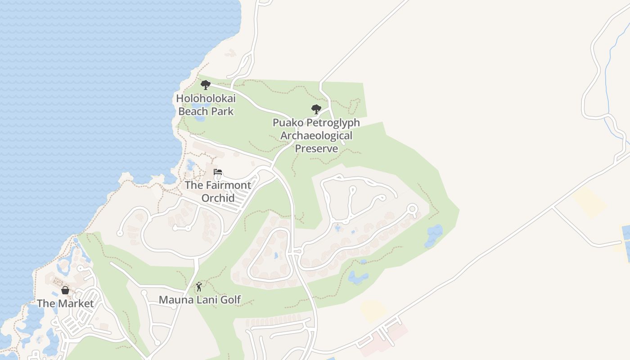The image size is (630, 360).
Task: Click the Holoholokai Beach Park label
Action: coord(206,104)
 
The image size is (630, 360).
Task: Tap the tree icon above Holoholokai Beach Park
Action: coord(206,85)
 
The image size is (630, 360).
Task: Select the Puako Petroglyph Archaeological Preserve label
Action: coord(316,135)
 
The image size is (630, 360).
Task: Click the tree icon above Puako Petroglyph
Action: coord(316,109)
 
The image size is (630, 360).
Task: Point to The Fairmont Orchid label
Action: coord(218,191)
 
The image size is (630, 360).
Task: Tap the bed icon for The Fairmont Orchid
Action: coord(218,172)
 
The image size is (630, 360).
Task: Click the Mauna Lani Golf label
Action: coord(200,299)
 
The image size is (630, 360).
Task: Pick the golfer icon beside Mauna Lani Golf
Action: coord(199,287)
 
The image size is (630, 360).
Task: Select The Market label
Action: coord(65,303)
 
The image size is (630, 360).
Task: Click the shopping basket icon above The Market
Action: coord(65,290)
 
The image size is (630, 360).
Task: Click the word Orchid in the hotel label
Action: coord(218,198)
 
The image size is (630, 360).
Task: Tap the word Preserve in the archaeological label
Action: coord(316,148)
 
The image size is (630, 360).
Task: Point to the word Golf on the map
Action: coord(231,299)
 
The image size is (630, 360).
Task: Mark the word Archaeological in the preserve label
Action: coord(316,135)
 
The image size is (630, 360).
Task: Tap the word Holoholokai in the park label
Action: coord(206,98)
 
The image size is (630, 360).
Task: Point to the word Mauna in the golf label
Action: coord(173,299)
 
